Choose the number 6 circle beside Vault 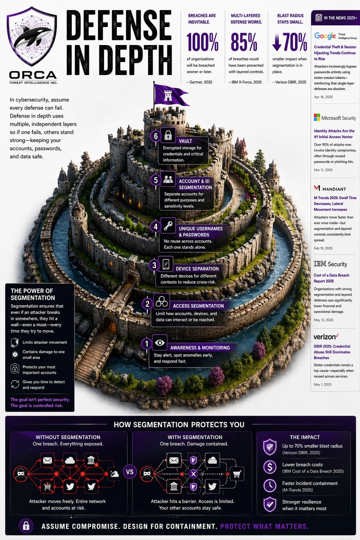155,136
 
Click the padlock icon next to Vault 168,135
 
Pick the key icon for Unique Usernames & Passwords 168,225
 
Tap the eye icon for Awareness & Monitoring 160,343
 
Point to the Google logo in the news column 325,36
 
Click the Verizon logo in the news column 325,337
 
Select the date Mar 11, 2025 322,169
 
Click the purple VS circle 130,472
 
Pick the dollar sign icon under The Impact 270,467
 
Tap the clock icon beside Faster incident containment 270,486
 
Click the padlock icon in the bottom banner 26,525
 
